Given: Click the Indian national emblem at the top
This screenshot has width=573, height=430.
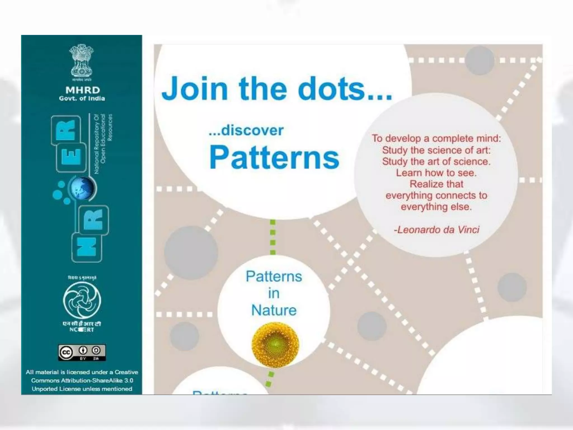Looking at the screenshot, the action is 81,60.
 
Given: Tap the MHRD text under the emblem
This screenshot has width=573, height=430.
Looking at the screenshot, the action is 83,90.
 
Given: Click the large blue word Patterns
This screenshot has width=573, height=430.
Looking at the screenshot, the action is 274,157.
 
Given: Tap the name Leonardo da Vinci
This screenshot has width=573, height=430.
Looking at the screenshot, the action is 438,230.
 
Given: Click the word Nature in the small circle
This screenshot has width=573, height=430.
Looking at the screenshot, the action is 274,310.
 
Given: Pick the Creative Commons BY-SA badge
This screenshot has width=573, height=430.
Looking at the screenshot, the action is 82,352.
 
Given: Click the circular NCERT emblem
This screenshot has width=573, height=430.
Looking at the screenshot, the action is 82,300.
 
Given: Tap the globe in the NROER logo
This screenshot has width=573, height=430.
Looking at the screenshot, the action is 82,188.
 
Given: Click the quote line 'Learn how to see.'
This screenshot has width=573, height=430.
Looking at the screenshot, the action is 436,173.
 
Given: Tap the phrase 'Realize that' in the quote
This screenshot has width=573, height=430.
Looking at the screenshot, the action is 436,184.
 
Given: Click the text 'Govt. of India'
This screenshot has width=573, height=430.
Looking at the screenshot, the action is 82,99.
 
